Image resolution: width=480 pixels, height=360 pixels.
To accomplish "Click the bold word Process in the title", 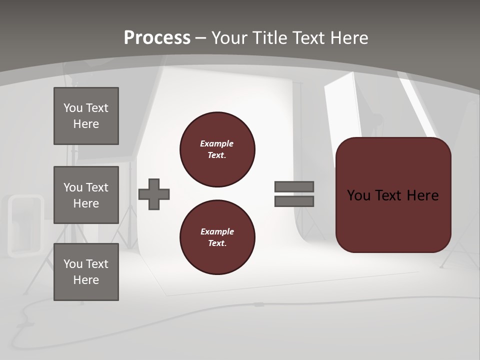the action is tap(157, 38).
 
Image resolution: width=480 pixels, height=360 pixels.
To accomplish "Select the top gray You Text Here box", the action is tap(86, 116).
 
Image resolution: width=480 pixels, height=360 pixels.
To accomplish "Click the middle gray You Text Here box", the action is tap(86, 195).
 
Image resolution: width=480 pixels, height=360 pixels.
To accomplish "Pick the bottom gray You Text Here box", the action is tap(86, 272).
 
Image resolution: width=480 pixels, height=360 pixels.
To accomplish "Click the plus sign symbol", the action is tap(154, 194).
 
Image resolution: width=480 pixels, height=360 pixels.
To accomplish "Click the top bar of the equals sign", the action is tap(294, 186).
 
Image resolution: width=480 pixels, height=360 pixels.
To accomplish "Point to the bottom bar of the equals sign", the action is tap(294, 201).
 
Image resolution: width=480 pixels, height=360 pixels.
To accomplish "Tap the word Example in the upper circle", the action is tap(217, 143).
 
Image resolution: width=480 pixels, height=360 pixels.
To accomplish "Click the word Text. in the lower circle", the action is tap(217, 243).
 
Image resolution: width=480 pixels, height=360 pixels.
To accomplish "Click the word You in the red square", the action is tap(358, 195).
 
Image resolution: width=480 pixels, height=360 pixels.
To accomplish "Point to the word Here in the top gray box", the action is tap(86, 124).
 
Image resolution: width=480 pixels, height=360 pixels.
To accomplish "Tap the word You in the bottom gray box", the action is tap(73, 264).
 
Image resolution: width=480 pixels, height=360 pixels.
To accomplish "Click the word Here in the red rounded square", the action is tap(422, 195).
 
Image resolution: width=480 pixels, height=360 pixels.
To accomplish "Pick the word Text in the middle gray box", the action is tap(97, 187).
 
